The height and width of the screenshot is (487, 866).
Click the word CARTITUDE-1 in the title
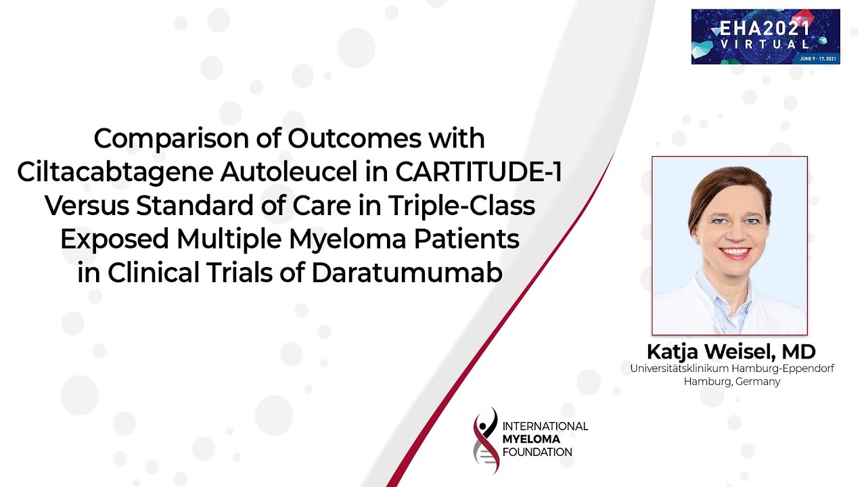tap(478, 172)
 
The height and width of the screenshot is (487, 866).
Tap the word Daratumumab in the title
tap(407, 273)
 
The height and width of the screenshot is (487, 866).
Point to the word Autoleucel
tap(289, 172)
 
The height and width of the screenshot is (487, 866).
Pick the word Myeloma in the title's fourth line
tap(348, 240)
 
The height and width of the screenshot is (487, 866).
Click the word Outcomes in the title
tap(354, 138)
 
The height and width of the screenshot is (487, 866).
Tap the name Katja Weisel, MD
tap(731, 352)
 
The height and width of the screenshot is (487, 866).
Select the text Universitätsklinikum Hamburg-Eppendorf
tap(732, 369)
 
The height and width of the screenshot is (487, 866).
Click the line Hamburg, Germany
tap(732, 382)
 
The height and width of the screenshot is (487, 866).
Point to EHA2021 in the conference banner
tap(765, 28)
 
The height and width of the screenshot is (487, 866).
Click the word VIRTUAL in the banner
tap(765, 44)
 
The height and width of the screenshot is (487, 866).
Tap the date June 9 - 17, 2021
tap(818, 59)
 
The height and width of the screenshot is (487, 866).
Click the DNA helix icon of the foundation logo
tap(486, 440)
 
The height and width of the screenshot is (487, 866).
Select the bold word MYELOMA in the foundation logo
tap(531, 439)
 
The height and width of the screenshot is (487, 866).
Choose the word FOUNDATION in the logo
tap(537, 453)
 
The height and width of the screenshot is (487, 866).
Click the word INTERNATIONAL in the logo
tap(545, 426)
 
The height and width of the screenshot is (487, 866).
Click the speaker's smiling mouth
tap(735, 252)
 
